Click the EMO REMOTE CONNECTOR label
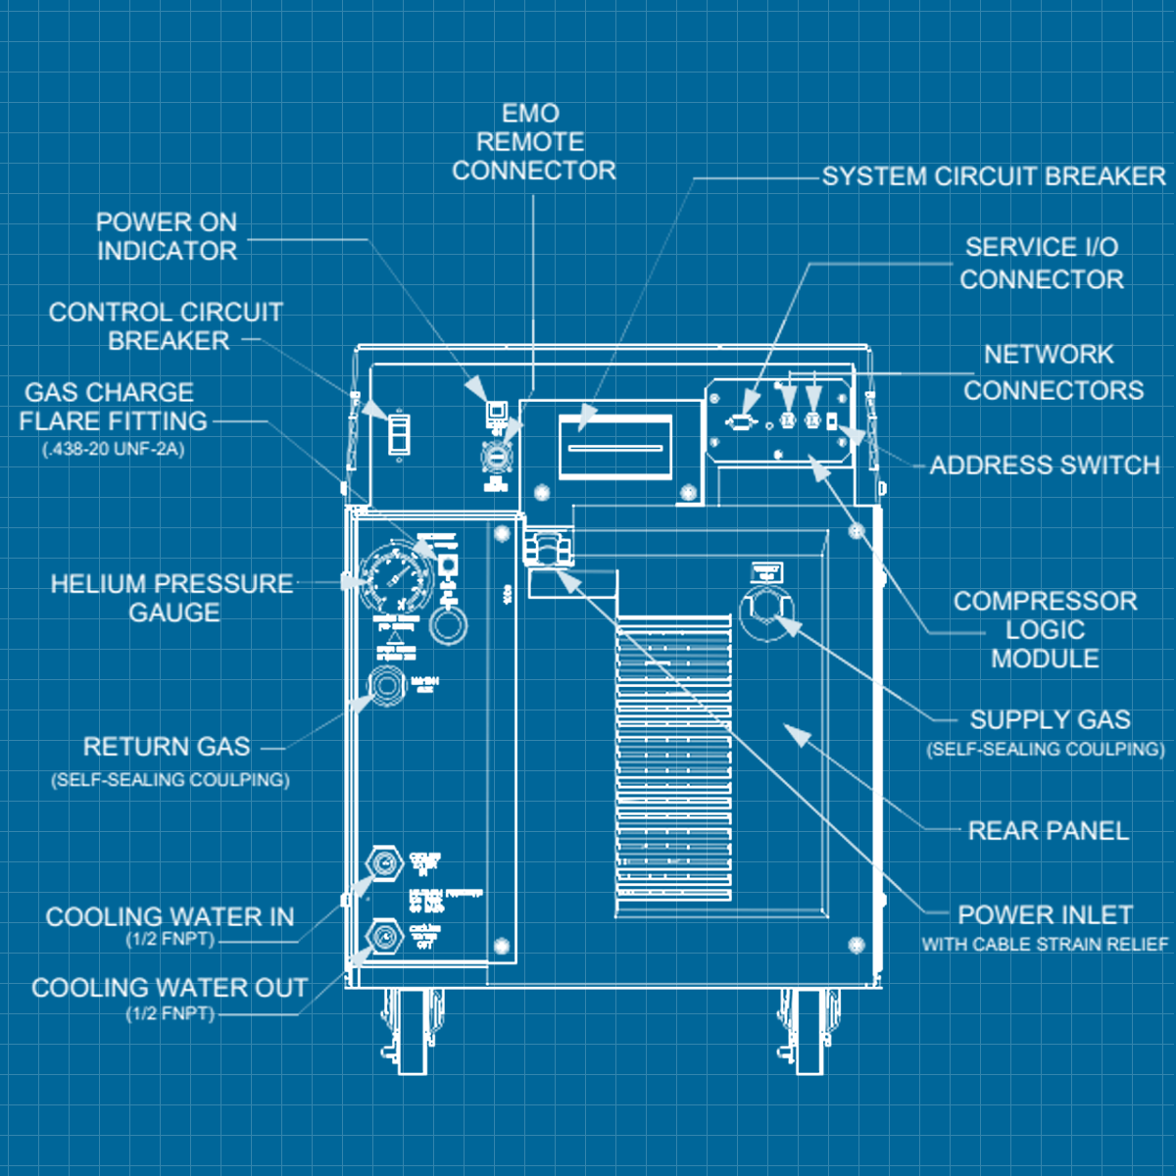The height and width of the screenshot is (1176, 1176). (533, 142)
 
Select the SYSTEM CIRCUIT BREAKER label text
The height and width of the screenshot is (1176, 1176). (994, 176)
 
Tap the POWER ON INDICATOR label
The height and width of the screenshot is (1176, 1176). (167, 236)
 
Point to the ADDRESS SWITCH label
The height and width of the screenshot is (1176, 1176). (1045, 465)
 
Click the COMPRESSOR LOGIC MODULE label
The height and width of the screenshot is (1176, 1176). (1045, 629)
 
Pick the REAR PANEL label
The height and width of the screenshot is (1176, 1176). (1048, 831)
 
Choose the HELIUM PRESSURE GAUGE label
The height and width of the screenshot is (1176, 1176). (172, 598)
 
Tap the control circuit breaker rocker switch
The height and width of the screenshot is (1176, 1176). (399, 432)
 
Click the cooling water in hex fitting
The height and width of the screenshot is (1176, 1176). (384, 863)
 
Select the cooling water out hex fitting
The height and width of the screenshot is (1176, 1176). (384, 937)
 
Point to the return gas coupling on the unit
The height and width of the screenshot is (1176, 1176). (387, 683)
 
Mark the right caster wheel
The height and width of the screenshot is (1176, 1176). (809, 1031)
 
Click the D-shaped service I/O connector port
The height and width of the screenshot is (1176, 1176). (741, 421)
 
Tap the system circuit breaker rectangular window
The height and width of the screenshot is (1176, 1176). (614, 447)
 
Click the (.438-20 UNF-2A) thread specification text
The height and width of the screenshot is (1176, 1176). (114, 450)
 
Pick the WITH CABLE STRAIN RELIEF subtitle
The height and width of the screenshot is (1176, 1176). (1045, 945)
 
